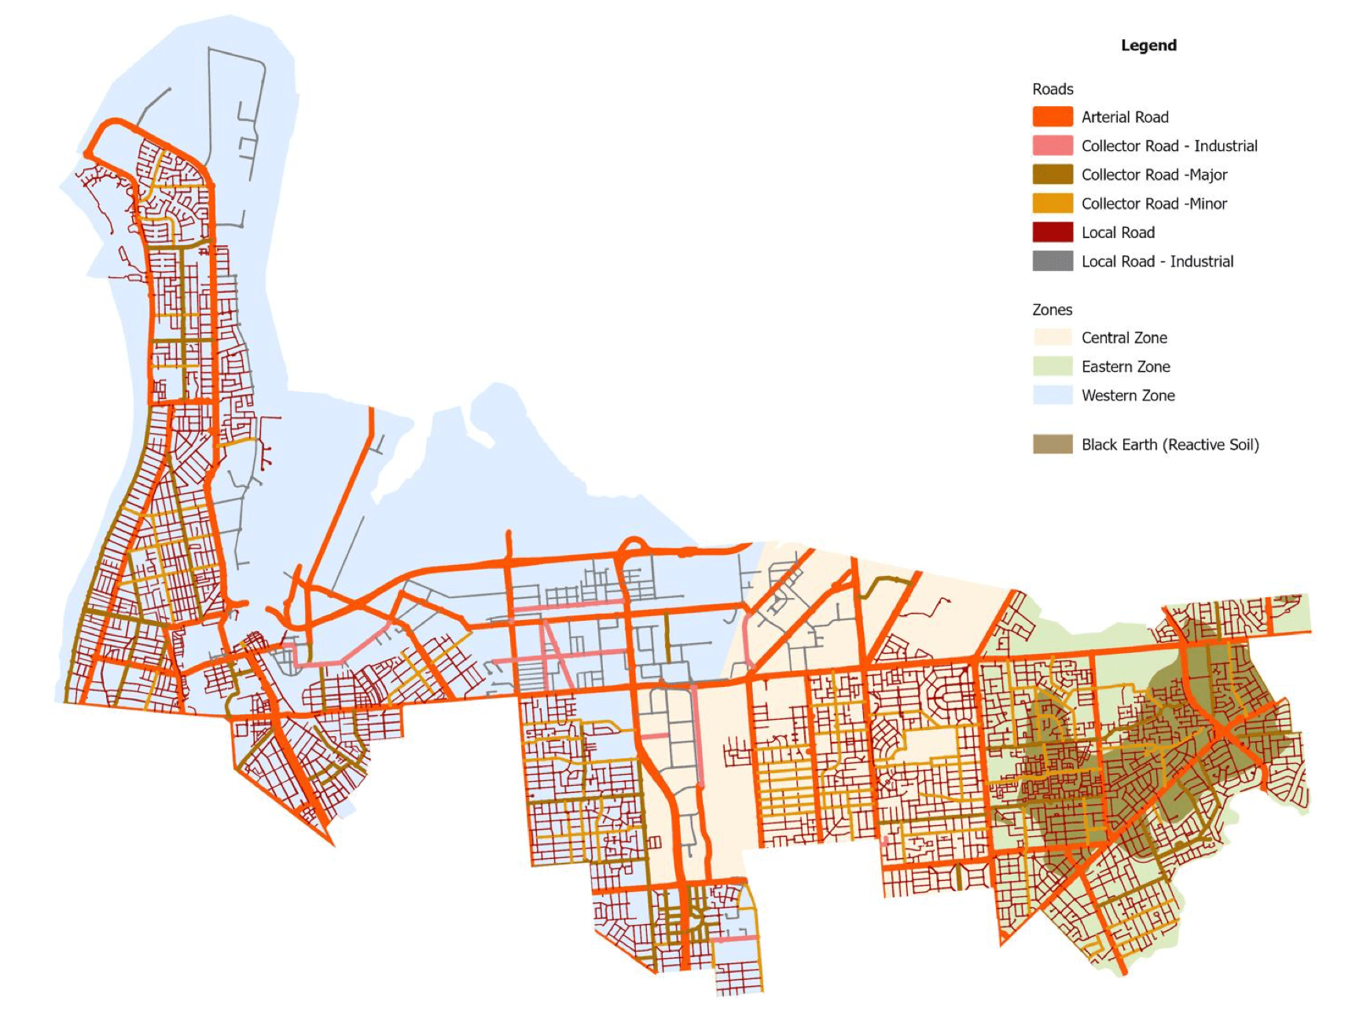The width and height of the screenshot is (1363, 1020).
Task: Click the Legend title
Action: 1148,46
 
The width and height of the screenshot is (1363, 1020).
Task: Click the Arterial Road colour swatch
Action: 1053,117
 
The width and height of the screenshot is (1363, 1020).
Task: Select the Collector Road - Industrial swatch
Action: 1053,146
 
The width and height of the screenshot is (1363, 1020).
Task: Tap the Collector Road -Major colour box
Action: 1053,174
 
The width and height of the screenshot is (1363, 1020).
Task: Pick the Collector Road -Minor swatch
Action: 1053,204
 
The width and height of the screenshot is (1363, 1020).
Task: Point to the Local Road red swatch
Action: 1053,233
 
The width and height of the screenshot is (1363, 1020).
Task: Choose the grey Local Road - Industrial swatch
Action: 1053,262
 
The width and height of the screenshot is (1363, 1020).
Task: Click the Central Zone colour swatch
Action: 1053,338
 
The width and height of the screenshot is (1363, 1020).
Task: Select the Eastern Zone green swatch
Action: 1053,367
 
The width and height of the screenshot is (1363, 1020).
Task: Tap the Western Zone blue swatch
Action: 1053,395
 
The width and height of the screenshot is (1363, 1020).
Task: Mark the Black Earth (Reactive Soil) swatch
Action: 1053,445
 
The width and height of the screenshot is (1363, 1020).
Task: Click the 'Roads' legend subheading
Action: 1053,90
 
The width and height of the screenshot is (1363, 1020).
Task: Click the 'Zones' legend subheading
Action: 1052,310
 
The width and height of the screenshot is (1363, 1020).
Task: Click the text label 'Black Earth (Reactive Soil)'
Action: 1170,445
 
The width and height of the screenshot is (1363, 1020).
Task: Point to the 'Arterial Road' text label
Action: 1125,117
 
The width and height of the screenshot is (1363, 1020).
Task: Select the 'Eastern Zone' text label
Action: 1126,367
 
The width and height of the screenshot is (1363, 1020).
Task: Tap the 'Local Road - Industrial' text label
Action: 1157,262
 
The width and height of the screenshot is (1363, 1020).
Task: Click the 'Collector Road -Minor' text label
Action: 1154,204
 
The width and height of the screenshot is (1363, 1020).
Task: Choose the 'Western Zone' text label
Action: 1128,396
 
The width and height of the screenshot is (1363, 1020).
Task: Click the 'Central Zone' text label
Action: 1124,338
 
